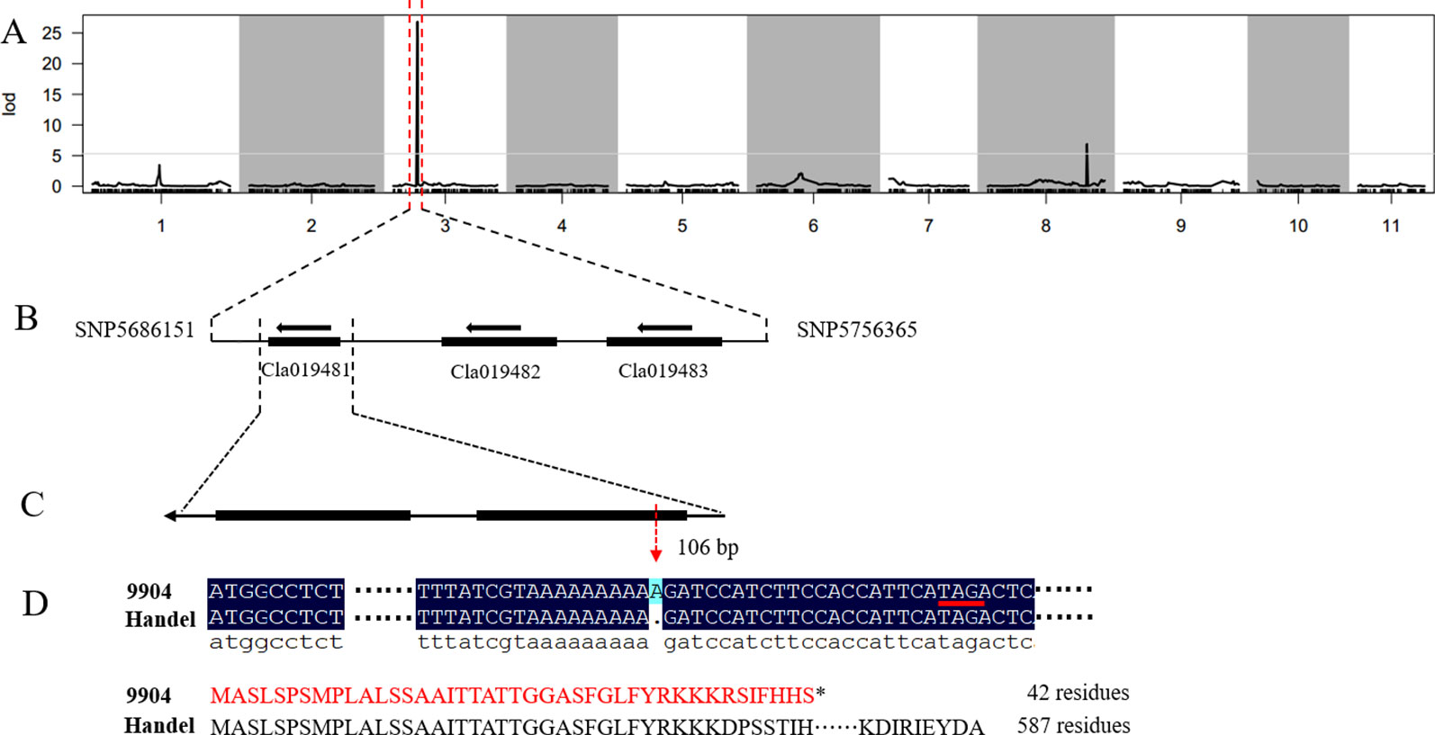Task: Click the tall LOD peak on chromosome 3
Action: tap(418, 103)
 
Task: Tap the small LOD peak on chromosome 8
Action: tap(1088, 165)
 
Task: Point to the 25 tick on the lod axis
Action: tap(52, 32)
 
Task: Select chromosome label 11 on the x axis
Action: tap(1391, 226)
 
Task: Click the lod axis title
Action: tap(9, 104)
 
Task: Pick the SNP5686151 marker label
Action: tap(134, 330)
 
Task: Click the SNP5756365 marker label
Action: tap(856, 330)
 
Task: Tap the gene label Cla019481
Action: tap(305, 370)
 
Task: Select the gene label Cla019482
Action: tap(495, 372)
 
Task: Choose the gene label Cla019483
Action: tap(663, 371)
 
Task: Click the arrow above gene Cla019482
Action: tap(493, 327)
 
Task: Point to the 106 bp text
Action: tap(708, 547)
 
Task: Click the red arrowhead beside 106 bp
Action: tap(655, 554)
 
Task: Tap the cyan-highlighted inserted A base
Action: tap(655, 591)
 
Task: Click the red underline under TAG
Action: tap(961, 603)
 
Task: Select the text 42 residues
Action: tap(1079, 693)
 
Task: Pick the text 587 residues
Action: tap(1074, 725)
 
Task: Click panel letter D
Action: tap(35, 603)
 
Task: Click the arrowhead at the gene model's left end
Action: tap(170, 516)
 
